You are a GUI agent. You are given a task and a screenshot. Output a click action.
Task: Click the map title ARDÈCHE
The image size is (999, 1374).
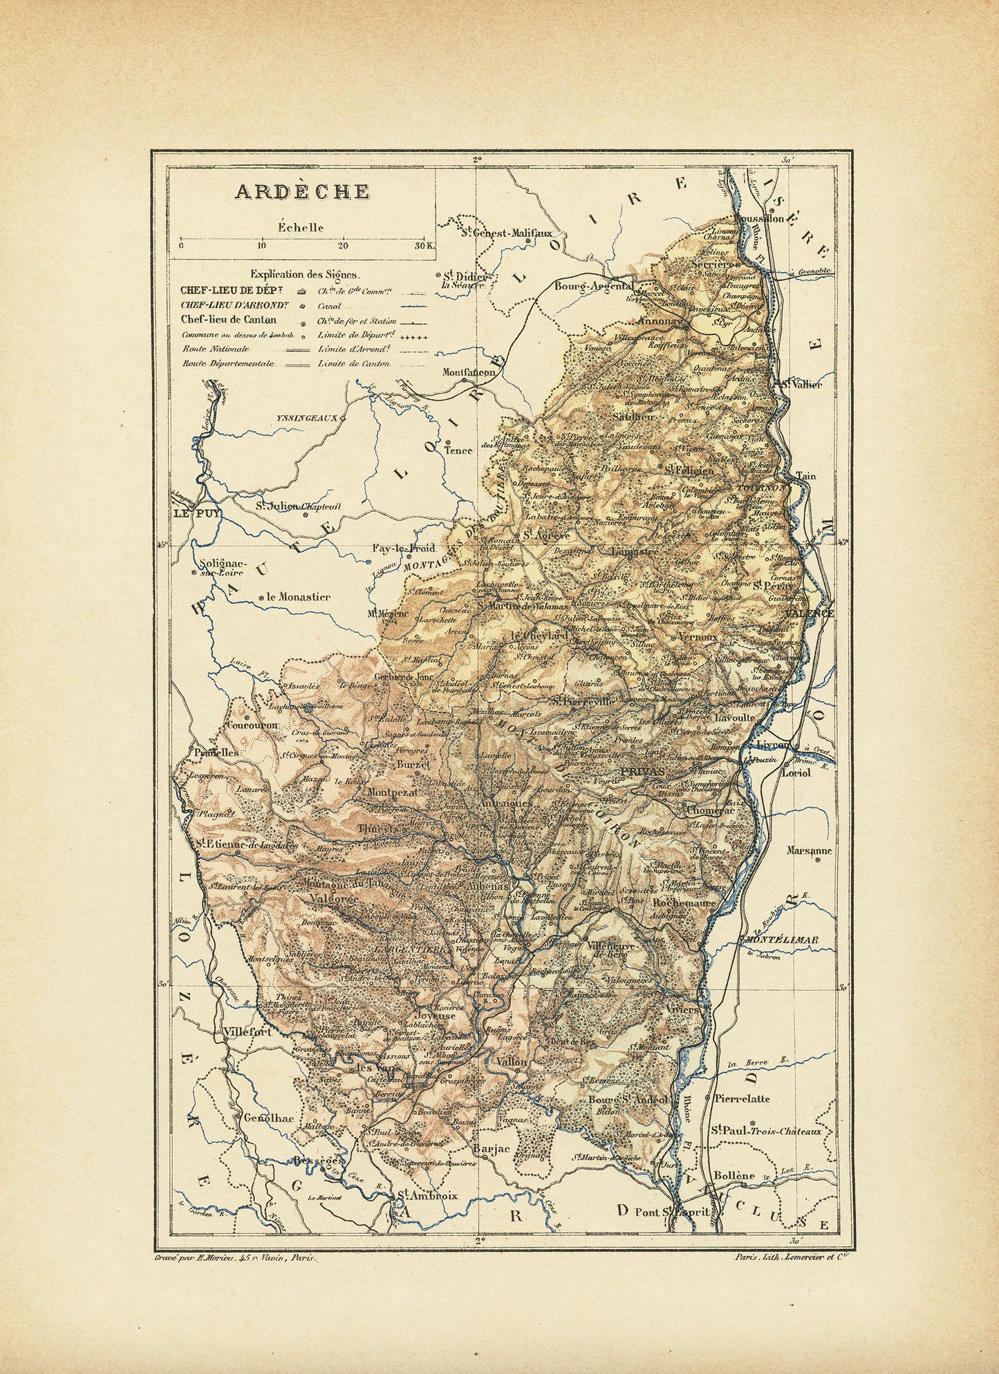[x=302, y=191]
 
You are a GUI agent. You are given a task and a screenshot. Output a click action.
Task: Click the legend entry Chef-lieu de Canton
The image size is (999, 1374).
[x=228, y=319]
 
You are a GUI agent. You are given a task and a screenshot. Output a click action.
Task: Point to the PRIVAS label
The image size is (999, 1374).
[x=642, y=772]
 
